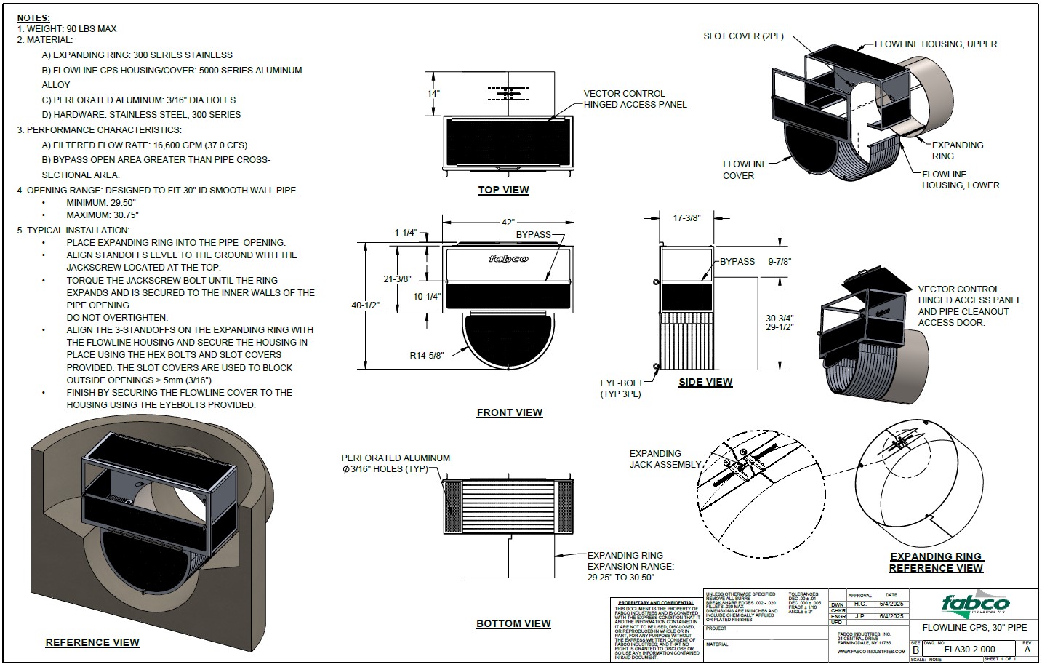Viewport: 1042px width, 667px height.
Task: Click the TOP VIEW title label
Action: click(503, 191)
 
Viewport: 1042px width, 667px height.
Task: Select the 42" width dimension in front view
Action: click(507, 222)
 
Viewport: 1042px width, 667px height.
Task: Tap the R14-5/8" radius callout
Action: click(427, 355)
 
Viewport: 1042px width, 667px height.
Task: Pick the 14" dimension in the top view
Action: click(433, 94)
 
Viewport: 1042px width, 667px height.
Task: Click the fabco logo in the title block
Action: click(976, 604)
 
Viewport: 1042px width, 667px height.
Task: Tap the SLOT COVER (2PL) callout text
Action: click(742, 36)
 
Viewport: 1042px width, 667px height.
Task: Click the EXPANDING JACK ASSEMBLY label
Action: click(665, 459)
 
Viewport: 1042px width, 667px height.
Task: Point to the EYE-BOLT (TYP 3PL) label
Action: click(620, 388)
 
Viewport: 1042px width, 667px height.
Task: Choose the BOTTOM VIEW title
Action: click(513, 623)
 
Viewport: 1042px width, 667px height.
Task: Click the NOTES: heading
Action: click(34, 17)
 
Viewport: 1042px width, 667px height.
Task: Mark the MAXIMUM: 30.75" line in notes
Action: click(102, 215)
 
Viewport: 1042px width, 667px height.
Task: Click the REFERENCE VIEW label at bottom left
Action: click(92, 642)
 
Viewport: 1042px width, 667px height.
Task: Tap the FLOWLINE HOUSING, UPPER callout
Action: click(935, 44)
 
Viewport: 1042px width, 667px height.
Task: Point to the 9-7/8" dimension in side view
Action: click(779, 262)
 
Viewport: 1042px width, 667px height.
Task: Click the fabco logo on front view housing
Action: click(508, 259)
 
